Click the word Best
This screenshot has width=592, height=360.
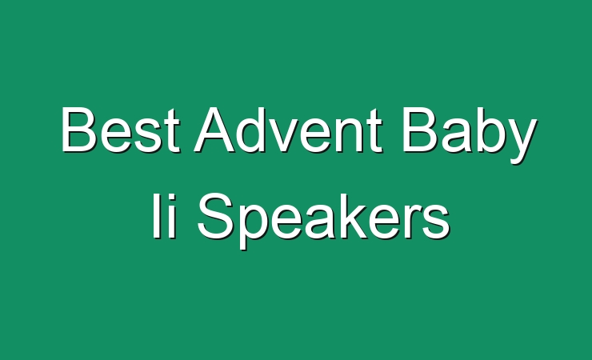pos(120,130)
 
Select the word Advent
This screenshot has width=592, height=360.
pos(289,130)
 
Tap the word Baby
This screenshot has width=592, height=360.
pos(470,135)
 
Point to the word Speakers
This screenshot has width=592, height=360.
pos(323,221)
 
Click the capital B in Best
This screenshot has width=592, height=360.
pos(78,129)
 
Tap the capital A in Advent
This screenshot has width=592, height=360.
pos(215,129)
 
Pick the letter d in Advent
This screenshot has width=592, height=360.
pos(254,130)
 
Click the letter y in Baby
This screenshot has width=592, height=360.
pos(521,141)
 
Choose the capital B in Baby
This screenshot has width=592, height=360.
pos(420,129)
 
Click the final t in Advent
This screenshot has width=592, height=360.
pos(374,131)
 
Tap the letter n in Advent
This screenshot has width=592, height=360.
pos(349,134)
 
